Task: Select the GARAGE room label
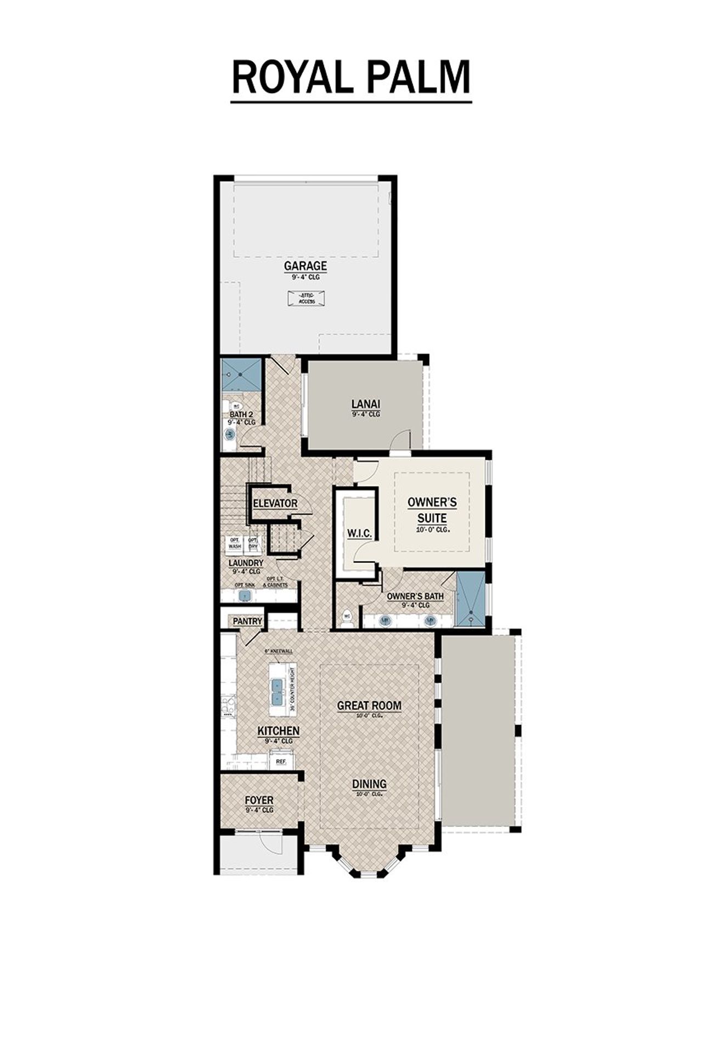tap(305, 266)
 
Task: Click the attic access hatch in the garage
tap(307, 299)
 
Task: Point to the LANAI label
tap(366, 404)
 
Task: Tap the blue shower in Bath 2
tap(241, 374)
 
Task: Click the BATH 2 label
tap(241, 414)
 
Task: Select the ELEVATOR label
tap(275, 503)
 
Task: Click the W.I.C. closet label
tap(359, 533)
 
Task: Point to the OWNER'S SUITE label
tap(432, 510)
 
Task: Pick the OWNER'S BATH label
tap(415, 596)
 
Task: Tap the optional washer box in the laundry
tap(235, 543)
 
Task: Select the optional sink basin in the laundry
tap(245, 595)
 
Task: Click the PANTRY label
tap(247, 621)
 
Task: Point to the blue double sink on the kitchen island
tap(277, 692)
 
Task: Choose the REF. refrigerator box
tap(281, 762)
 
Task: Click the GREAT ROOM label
tap(369, 706)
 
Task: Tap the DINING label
tap(369, 785)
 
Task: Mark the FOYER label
tap(259, 801)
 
